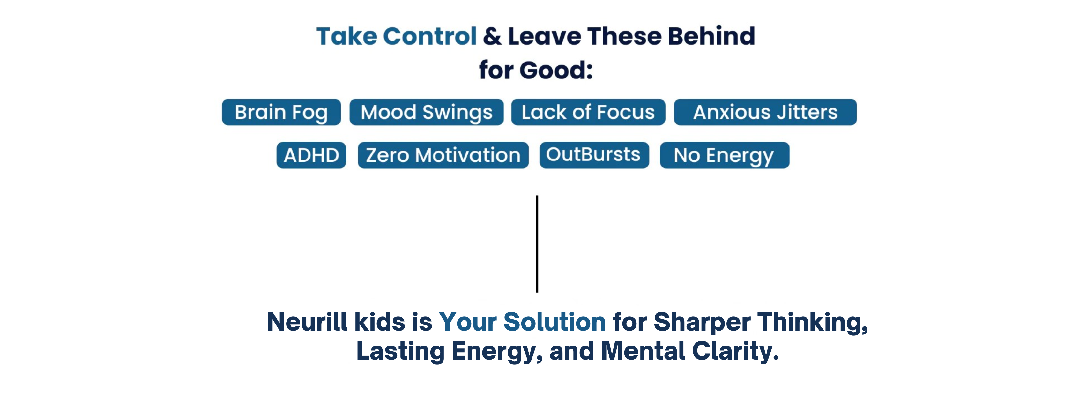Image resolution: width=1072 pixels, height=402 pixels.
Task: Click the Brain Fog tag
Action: click(x=281, y=112)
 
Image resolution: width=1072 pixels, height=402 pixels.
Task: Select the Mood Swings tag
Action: click(x=427, y=112)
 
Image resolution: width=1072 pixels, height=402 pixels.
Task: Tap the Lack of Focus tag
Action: click(x=588, y=112)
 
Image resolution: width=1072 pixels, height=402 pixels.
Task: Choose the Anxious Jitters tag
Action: click(x=765, y=112)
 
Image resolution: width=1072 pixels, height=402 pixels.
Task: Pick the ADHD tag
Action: click(x=311, y=155)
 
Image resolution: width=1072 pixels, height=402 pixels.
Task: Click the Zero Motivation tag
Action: click(x=443, y=155)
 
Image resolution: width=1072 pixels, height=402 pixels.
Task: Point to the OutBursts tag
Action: click(x=594, y=155)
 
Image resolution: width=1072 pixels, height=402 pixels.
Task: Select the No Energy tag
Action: click(x=725, y=155)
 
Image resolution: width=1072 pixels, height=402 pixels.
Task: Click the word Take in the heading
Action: click(x=347, y=36)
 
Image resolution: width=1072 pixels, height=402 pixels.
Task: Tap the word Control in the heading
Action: click(x=430, y=36)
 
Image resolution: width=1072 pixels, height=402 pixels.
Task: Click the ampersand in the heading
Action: click(x=492, y=36)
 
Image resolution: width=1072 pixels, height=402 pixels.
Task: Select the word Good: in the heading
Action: click(x=556, y=70)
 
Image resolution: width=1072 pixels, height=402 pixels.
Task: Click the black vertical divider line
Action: click(x=537, y=244)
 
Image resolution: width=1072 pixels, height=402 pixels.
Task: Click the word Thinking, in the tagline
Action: click(x=812, y=323)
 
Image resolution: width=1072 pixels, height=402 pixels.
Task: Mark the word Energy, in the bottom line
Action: click(x=497, y=352)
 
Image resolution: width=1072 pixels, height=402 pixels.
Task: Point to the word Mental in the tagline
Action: click(x=643, y=351)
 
